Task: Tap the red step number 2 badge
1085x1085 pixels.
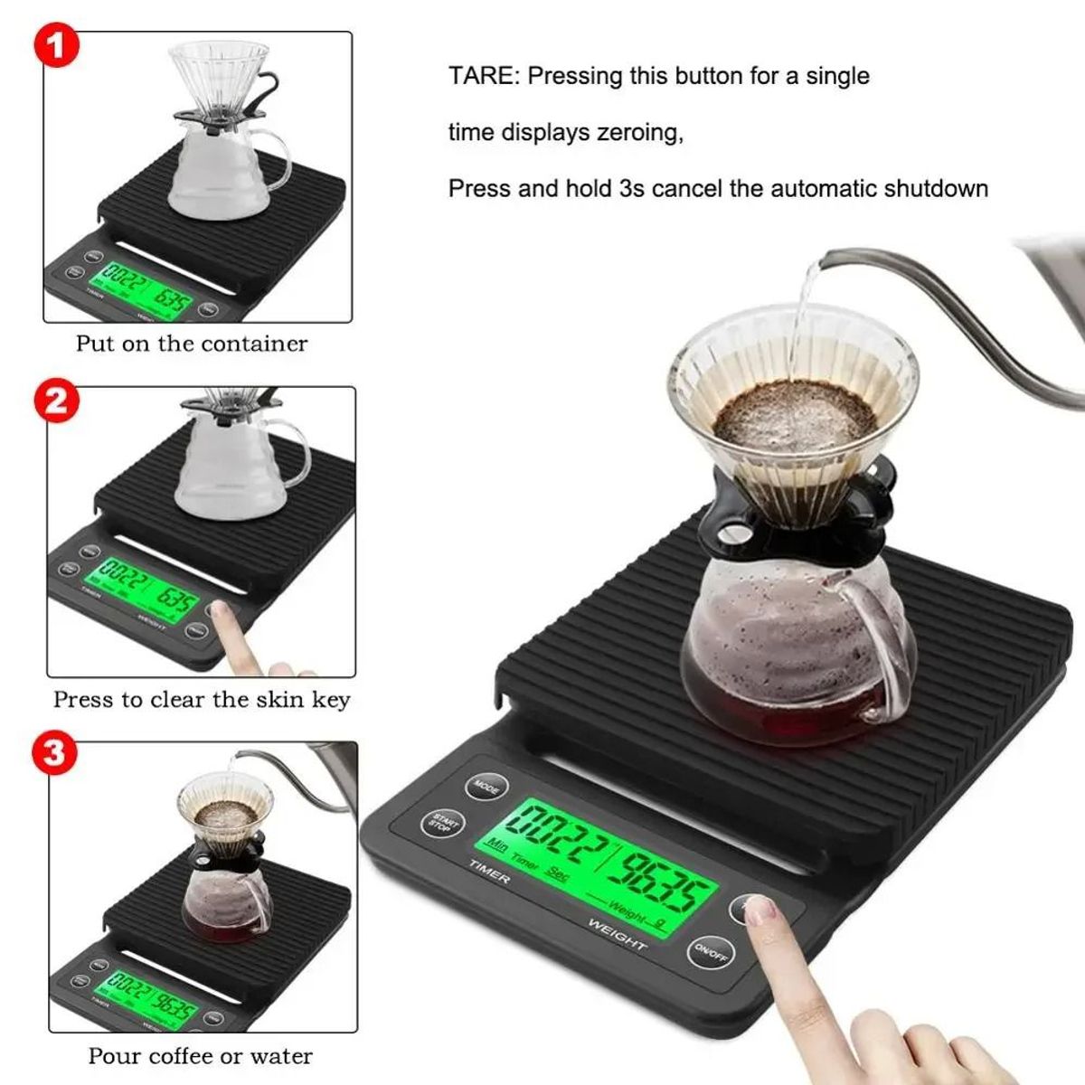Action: click(55, 400)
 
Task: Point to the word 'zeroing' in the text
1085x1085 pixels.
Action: click(640, 133)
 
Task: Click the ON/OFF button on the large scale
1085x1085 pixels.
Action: click(711, 951)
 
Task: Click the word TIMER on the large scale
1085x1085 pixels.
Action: click(489, 873)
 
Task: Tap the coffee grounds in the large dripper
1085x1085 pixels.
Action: click(794, 418)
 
